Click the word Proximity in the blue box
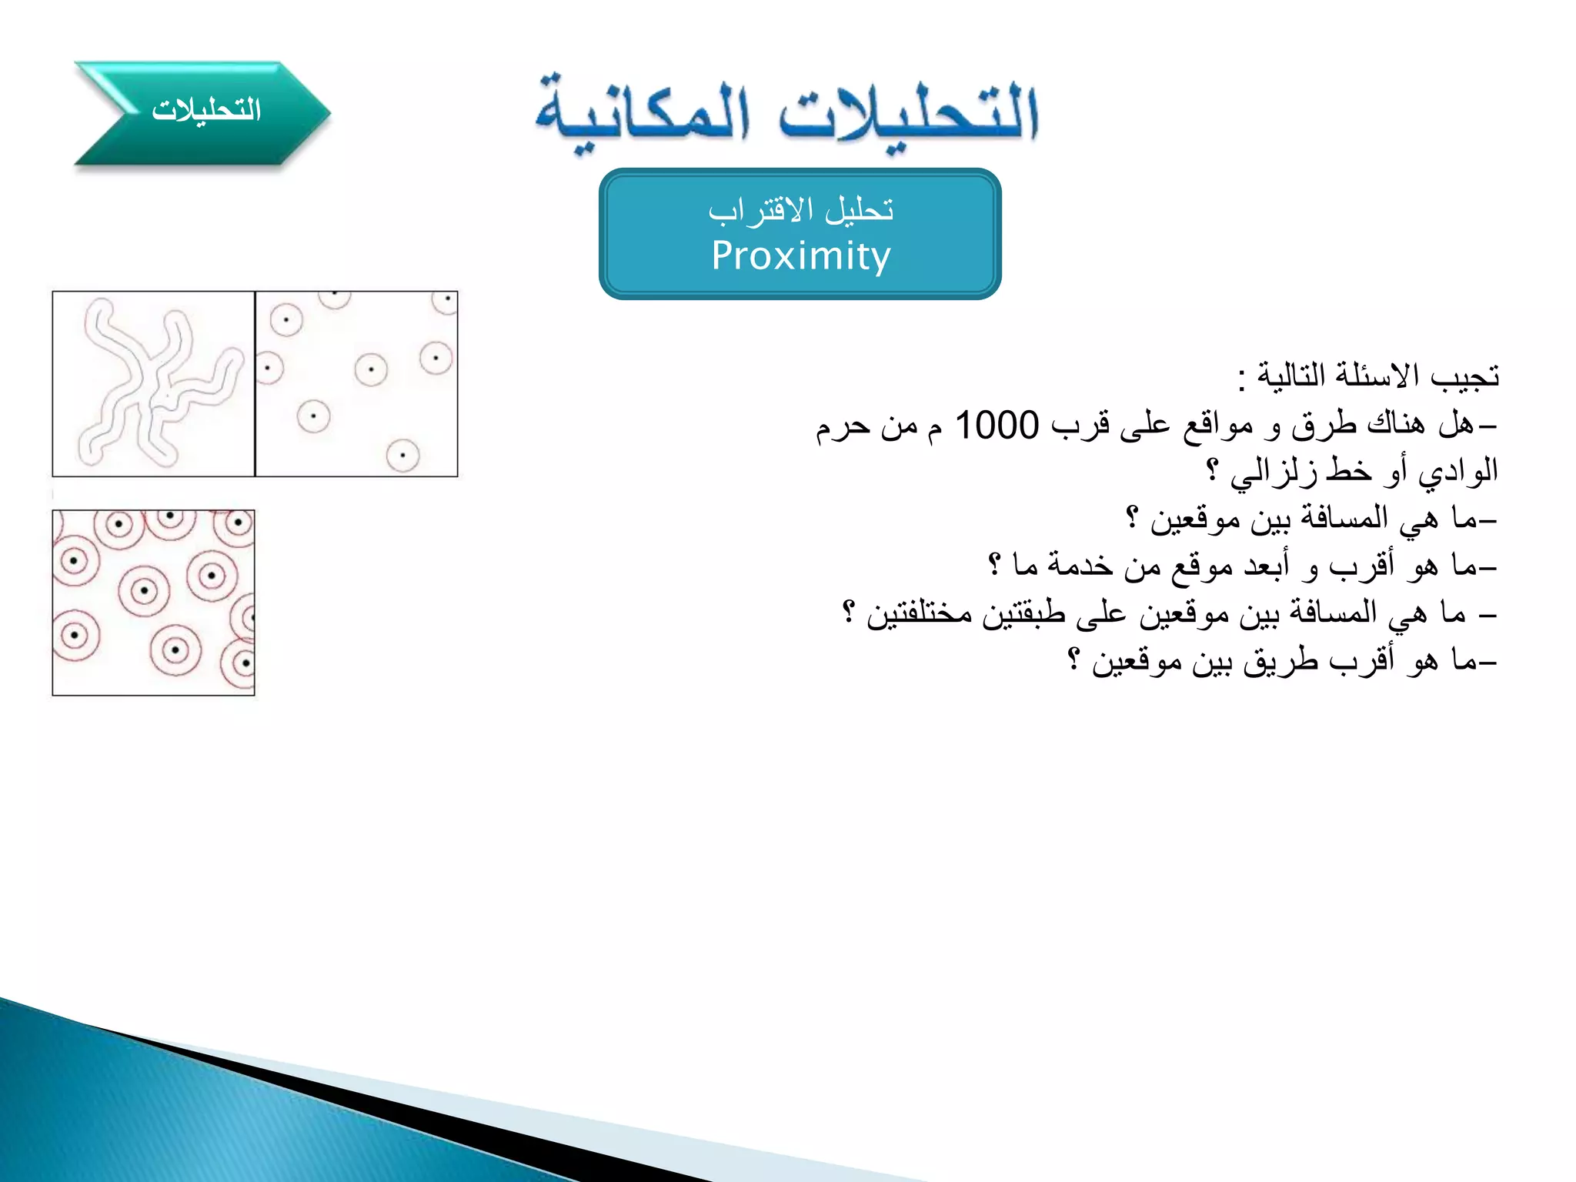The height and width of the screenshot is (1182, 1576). pos(800,256)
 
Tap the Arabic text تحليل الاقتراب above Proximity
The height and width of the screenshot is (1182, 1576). pos(800,210)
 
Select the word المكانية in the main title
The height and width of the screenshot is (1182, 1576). pos(642,115)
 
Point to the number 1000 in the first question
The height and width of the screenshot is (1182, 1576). pos(997,426)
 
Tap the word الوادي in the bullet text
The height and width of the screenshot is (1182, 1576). pos(1458,471)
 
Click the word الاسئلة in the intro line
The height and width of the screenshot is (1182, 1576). pos(1377,376)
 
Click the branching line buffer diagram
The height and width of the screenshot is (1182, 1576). pos(153,384)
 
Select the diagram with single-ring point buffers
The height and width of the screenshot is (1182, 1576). pos(356,384)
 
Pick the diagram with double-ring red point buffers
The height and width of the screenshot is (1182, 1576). pos(153,603)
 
